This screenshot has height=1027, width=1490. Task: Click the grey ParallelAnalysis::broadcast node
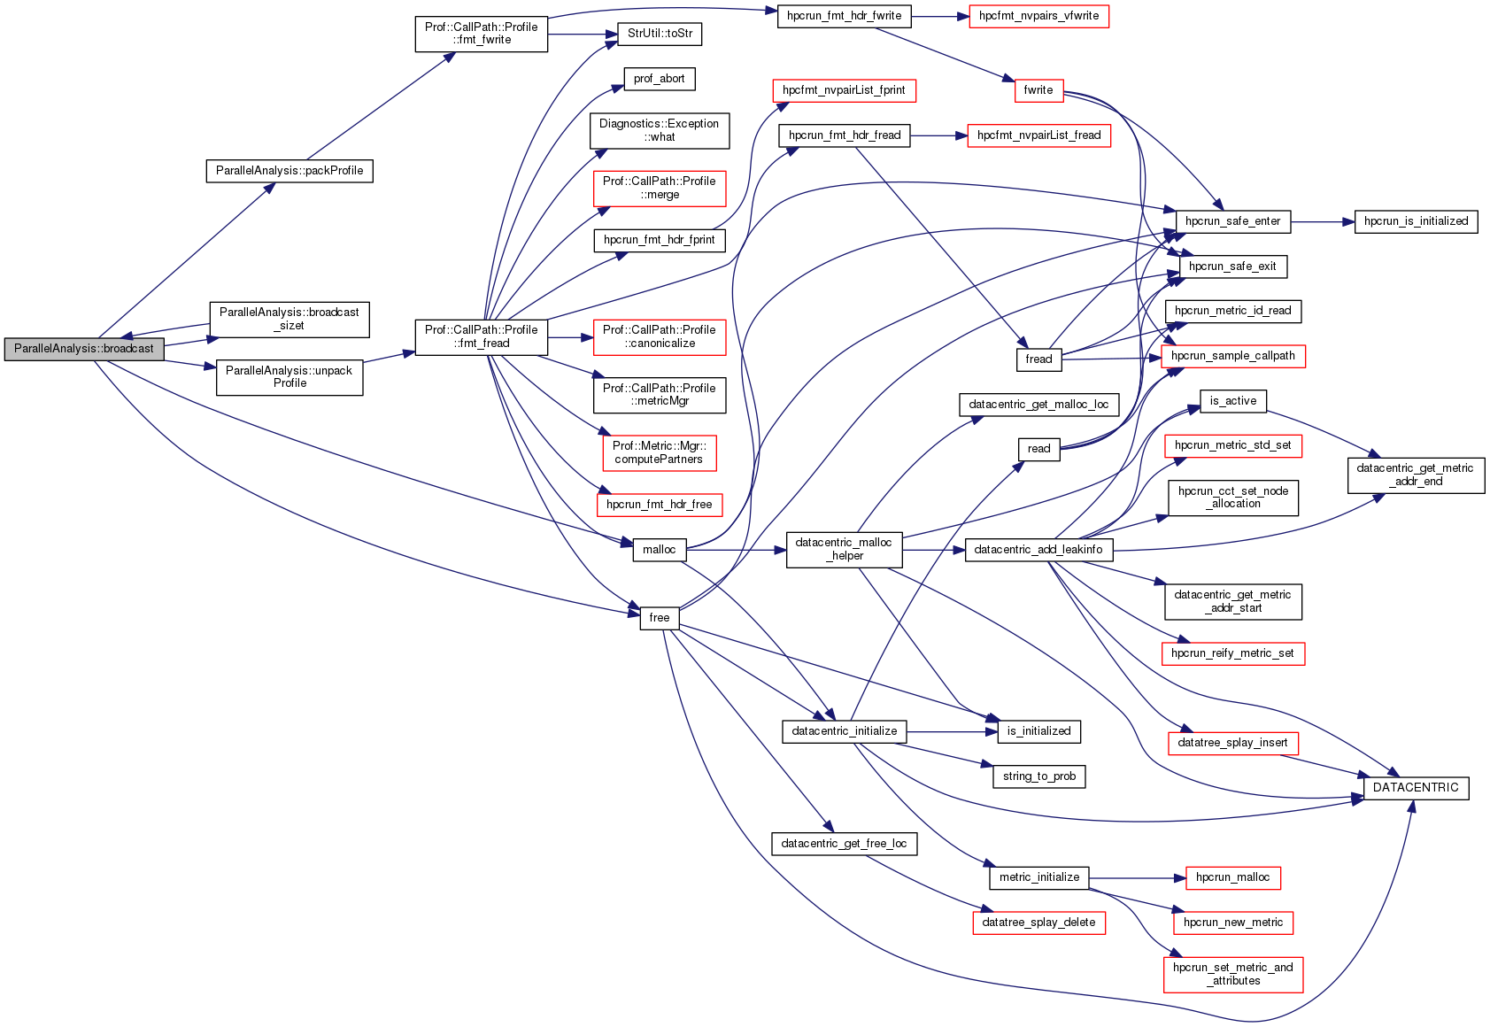[x=84, y=349]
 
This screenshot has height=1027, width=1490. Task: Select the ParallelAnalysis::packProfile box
[x=290, y=171]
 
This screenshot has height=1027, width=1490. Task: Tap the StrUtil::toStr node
[x=660, y=34]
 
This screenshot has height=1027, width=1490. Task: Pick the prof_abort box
[x=660, y=79]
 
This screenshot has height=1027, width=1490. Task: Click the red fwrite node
[x=1038, y=90]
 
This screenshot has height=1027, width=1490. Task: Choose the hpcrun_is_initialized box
[x=1416, y=221]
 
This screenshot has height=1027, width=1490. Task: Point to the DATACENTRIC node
[x=1416, y=788]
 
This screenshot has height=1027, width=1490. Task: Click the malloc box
[x=660, y=550]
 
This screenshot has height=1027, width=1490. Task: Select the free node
[x=660, y=618]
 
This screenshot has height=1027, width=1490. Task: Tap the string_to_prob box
[x=1039, y=776]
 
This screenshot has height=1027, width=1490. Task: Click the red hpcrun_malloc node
[x=1232, y=877]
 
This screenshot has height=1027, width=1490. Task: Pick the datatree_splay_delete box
[x=1038, y=923]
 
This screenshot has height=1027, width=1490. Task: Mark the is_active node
[x=1233, y=401]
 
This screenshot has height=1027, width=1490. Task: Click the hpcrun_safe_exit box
[x=1232, y=266]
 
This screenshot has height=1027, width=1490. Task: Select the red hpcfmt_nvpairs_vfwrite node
[x=1038, y=16]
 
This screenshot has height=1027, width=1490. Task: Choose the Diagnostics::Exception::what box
[x=660, y=130]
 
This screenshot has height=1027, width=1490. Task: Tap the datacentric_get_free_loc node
[x=844, y=844]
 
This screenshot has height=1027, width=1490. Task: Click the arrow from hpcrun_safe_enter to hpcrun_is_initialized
[x=1323, y=221]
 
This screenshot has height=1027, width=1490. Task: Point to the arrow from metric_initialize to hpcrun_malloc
[x=1137, y=878]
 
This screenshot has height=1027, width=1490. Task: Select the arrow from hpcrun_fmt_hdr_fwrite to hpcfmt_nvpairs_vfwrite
[x=940, y=16]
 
